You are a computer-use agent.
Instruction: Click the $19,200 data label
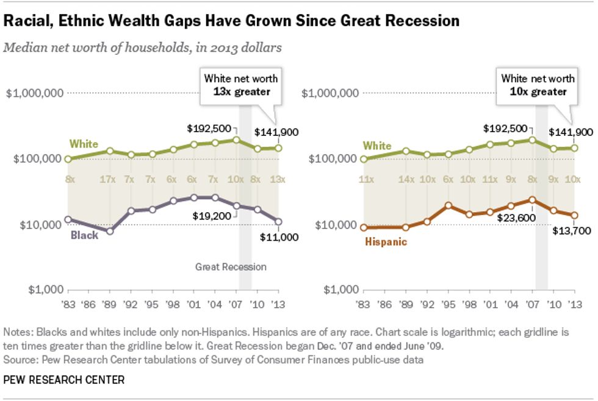pos(210,215)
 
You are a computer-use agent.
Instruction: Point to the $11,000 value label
pos(279,237)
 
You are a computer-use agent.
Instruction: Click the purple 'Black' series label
pos(84,235)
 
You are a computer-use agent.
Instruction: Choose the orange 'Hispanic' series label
pos(386,241)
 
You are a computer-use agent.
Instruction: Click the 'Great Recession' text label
pos(231,266)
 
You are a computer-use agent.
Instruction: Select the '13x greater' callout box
pos(240,85)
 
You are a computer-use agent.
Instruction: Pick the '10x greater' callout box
pos(538,85)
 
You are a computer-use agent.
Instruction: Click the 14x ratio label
pos(406,180)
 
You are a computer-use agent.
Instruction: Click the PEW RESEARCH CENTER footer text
pos(64,380)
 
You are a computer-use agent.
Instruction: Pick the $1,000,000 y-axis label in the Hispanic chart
pos(333,93)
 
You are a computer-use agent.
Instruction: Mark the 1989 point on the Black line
pos(109,231)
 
